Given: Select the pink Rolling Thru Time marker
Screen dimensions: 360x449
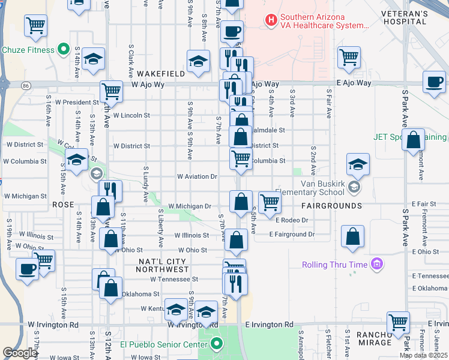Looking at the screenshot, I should pos(376,264).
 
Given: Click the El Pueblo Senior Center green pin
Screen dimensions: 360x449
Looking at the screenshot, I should pos(216,344).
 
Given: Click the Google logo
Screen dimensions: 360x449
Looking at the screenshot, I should pos(20,353).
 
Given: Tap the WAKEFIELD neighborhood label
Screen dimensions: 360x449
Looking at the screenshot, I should pos(160,74).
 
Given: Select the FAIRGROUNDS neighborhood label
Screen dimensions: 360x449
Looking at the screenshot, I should pos(331,206).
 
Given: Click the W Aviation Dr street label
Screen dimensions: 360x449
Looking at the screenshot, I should pos(196,176).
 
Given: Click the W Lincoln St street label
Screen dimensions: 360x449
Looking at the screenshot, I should pos(130,115).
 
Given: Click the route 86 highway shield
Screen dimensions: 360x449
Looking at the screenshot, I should pos(26,86).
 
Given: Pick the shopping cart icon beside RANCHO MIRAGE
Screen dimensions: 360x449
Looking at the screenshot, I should pos(398,322).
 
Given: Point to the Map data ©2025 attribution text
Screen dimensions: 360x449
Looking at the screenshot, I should pos(423,355).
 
